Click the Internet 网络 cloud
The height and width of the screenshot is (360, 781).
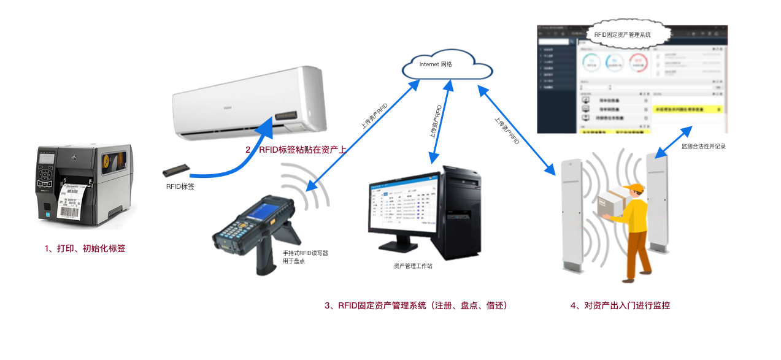[x=447, y=64]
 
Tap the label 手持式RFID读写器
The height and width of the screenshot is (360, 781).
[x=305, y=253]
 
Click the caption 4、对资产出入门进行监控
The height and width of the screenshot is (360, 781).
[x=620, y=305]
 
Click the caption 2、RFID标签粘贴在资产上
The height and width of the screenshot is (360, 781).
[x=296, y=149]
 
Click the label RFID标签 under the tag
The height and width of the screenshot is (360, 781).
[x=180, y=186]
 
